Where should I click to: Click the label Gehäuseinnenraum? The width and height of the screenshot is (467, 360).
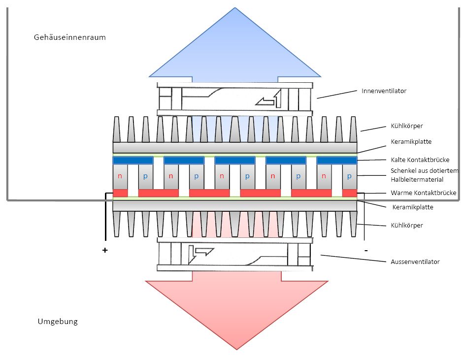(x=69, y=37)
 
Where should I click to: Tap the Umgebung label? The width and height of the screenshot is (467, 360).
(x=58, y=322)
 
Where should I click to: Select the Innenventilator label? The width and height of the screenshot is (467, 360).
(x=384, y=91)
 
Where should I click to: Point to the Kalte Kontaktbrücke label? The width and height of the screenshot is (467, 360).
(x=420, y=160)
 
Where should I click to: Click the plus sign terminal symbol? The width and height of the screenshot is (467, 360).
(x=105, y=250)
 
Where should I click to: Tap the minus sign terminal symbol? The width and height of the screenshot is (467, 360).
(x=366, y=250)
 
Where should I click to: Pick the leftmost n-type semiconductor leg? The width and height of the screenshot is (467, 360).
(x=120, y=176)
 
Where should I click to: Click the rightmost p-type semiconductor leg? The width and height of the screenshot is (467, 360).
(x=349, y=176)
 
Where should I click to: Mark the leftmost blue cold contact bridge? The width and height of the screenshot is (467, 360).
(x=133, y=161)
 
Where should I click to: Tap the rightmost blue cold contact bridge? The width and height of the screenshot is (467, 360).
(x=336, y=161)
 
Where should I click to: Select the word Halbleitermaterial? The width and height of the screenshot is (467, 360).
(x=410, y=179)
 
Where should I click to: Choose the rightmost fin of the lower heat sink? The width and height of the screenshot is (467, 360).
(x=353, y=223)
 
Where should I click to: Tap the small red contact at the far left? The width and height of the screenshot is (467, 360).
(x=120, y=193)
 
